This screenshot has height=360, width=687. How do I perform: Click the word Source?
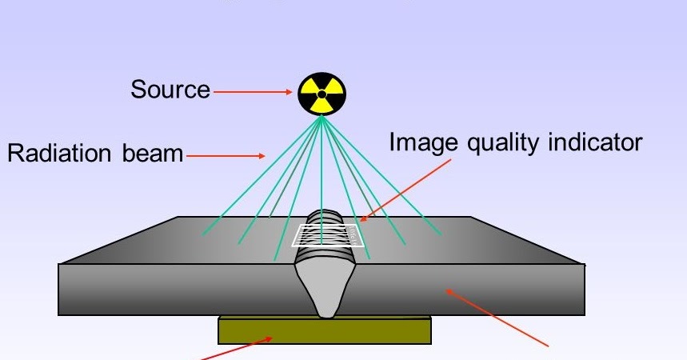click(170, 90)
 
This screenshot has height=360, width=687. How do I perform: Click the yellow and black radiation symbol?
click(322, 94)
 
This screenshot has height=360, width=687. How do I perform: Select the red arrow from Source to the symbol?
click(254, 92)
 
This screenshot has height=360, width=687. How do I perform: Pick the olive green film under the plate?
click(325, 330)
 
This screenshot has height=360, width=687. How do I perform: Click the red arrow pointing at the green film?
click(236, 349)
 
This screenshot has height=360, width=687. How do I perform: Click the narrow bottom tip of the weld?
click(326, 311)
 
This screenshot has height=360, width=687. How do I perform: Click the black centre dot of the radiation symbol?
click(322, 94)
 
